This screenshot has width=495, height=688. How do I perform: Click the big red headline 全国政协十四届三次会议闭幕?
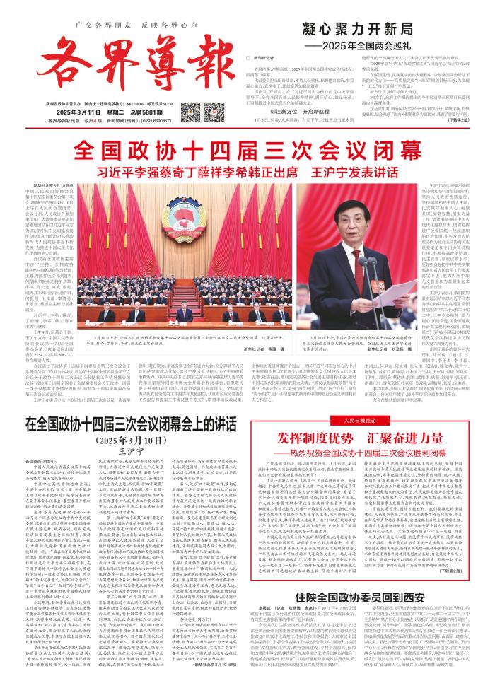point(247,150)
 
